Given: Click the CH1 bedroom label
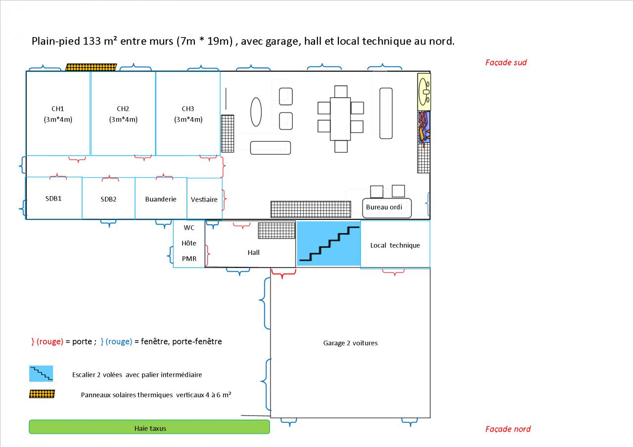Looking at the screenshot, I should (x=58, y=109).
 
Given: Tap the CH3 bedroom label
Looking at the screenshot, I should (x=188, y=109).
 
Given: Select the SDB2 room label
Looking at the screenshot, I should (x=108, y=199).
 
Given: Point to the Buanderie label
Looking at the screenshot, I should (x=161, y=199).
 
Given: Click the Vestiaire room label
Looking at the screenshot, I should (x=204, y=200).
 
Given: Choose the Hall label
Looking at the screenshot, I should (x=254, y=252).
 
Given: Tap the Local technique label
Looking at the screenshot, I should (x=395, y=245).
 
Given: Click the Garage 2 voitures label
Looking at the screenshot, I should (x=350, y=343).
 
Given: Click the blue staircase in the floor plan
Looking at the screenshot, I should (x=328, y=244).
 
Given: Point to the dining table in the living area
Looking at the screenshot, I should (x=340, y=119).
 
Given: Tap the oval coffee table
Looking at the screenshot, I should (x=256, y=112).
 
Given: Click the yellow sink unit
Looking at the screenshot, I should (x=424, y=91).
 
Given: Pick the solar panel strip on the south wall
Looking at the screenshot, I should (x=91, y=67).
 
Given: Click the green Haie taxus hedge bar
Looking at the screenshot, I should (x=149, y=427).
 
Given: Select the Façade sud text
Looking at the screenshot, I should (x=506, y=62).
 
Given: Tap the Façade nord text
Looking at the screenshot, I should (x=508, y=429).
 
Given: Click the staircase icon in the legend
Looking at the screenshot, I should (x=41, y=374).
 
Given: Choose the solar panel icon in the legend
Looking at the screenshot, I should (x=42, y=394).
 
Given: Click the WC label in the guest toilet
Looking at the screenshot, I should (x=189, y=228).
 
